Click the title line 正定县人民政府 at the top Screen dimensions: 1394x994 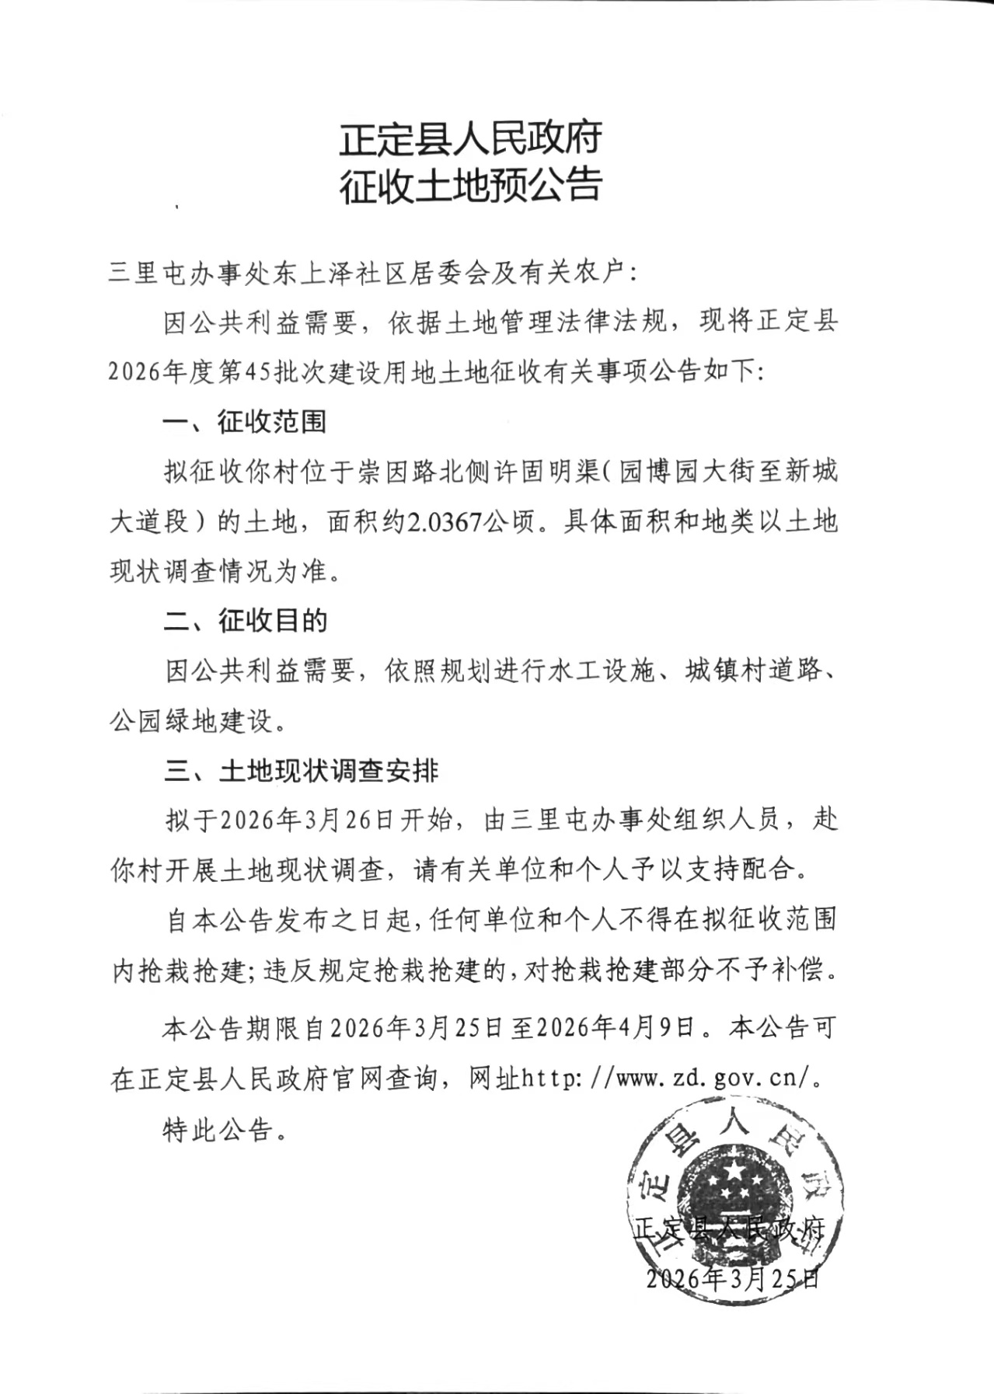[x=470, y=140]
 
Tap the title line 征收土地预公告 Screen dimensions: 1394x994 [x=470, y=186]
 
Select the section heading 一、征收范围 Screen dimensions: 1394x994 [x=245, y=422]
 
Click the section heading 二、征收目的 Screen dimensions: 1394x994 [x=246, y=620]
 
